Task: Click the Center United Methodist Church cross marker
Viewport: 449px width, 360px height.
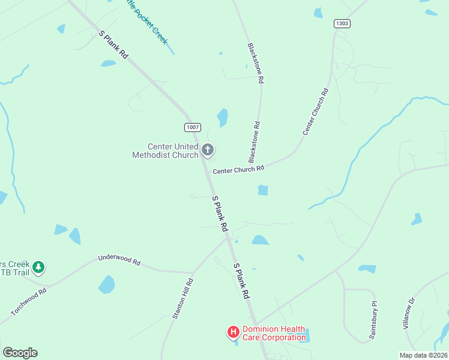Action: click(x=208, y=150)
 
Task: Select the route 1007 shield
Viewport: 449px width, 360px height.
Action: click(x=192, y=127)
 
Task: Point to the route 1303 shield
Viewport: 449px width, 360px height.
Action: click(x=342, y=23)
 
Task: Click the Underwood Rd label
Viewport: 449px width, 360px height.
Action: click(x=119, y=261)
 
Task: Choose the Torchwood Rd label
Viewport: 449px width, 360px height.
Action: click(x=29, y=303)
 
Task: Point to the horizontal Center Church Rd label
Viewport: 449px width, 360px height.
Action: click(x=239, y=170)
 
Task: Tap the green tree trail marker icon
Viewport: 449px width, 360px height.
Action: click(x=38, y=266)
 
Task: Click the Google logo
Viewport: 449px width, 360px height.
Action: click(x=20, y=353)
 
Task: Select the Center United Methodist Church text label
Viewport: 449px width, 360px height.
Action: click(x=165, y=151)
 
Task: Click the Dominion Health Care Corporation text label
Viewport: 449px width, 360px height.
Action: click(x=273, y=333)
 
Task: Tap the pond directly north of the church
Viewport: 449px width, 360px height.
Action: click(x=223, y=118)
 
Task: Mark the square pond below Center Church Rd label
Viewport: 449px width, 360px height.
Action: click(x=262, y=190)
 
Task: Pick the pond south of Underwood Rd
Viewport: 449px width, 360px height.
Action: click(x=106, y=284)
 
